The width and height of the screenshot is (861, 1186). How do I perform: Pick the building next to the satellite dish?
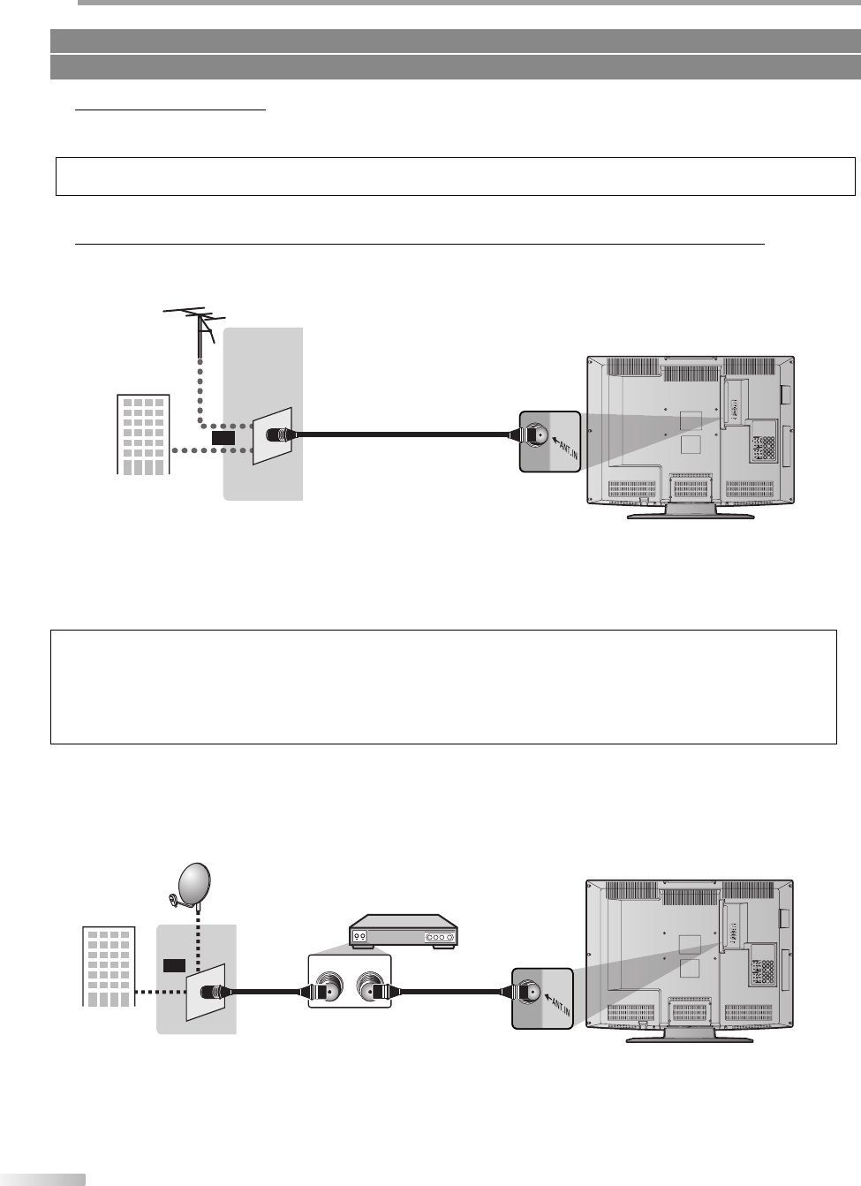[109, 966]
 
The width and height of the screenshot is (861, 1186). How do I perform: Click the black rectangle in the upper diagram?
[223, 436]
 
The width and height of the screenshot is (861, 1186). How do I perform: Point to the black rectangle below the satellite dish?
[174, 965]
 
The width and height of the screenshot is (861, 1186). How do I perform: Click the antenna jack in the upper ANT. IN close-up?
[535, 434]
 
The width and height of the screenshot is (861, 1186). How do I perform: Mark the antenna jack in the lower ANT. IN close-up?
[529, 992]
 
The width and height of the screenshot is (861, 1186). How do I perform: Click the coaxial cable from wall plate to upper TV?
[406, 434]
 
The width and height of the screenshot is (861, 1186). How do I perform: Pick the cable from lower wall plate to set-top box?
[269, 992]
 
